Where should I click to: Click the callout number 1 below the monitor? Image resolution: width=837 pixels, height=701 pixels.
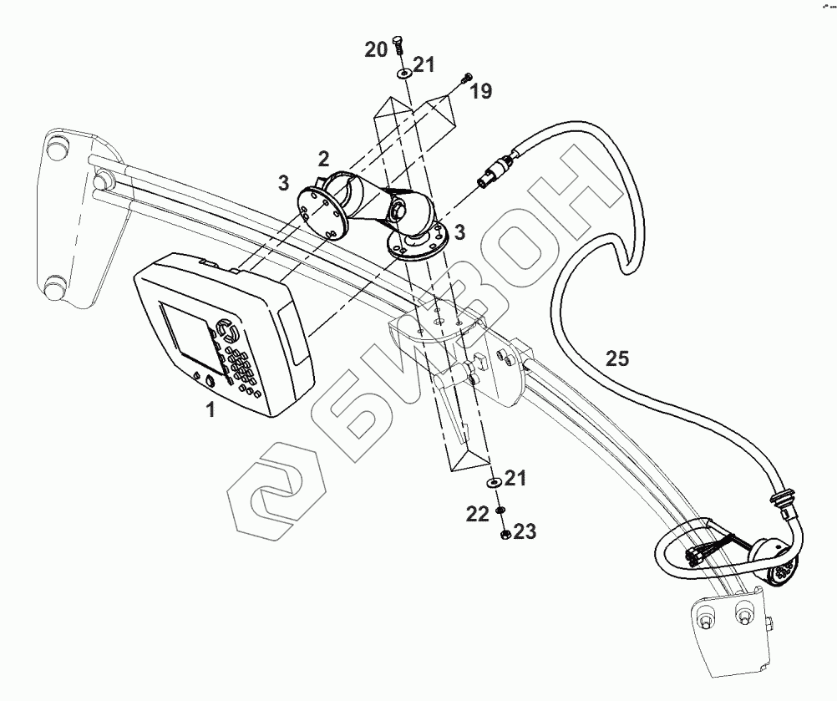[211, 410]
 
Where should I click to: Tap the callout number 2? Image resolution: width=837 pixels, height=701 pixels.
[322, 158]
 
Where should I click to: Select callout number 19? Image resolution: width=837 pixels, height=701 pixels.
[481, 92]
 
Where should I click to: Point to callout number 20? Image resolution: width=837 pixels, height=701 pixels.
[376, 50]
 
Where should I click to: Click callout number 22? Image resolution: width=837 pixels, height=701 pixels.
[477, 515]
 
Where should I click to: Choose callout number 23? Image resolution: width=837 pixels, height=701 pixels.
[525, 531]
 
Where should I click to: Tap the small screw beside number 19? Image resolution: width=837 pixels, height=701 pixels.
[464, 79]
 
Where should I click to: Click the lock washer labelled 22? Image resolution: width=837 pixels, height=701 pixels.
[499, 511]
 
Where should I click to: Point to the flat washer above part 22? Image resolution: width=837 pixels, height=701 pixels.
[494, 482]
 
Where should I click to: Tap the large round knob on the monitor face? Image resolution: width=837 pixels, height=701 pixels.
[225, 326]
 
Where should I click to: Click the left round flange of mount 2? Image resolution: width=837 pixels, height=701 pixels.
[320, 211]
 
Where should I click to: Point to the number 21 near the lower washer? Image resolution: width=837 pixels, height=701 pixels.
[515, 479]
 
